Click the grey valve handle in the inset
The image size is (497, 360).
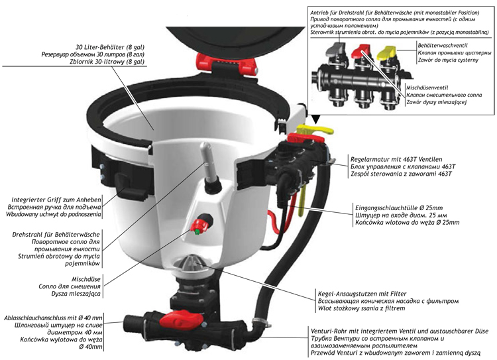point(337,50)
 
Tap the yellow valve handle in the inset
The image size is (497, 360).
point(387,52)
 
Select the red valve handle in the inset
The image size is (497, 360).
point(361,50)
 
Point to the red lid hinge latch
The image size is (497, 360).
point(227,64)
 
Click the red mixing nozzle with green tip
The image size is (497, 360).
point(200,225)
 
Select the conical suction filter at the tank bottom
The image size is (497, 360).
point(191,263)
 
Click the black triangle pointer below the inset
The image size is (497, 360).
point(315,120)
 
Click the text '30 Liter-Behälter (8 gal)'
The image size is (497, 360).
point(110,47)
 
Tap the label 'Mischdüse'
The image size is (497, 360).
point(86,279)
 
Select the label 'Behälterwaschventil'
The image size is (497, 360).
point(443,46)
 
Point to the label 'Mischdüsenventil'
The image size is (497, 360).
point(427,88)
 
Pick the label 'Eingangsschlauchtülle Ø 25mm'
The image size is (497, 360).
point(399,208)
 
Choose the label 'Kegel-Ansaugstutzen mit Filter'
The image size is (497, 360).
point(362,294)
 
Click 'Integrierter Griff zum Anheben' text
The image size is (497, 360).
point(56,200)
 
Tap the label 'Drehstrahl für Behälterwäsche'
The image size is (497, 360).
point(56,235)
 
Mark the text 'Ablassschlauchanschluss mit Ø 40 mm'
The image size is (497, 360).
point(53,318)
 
